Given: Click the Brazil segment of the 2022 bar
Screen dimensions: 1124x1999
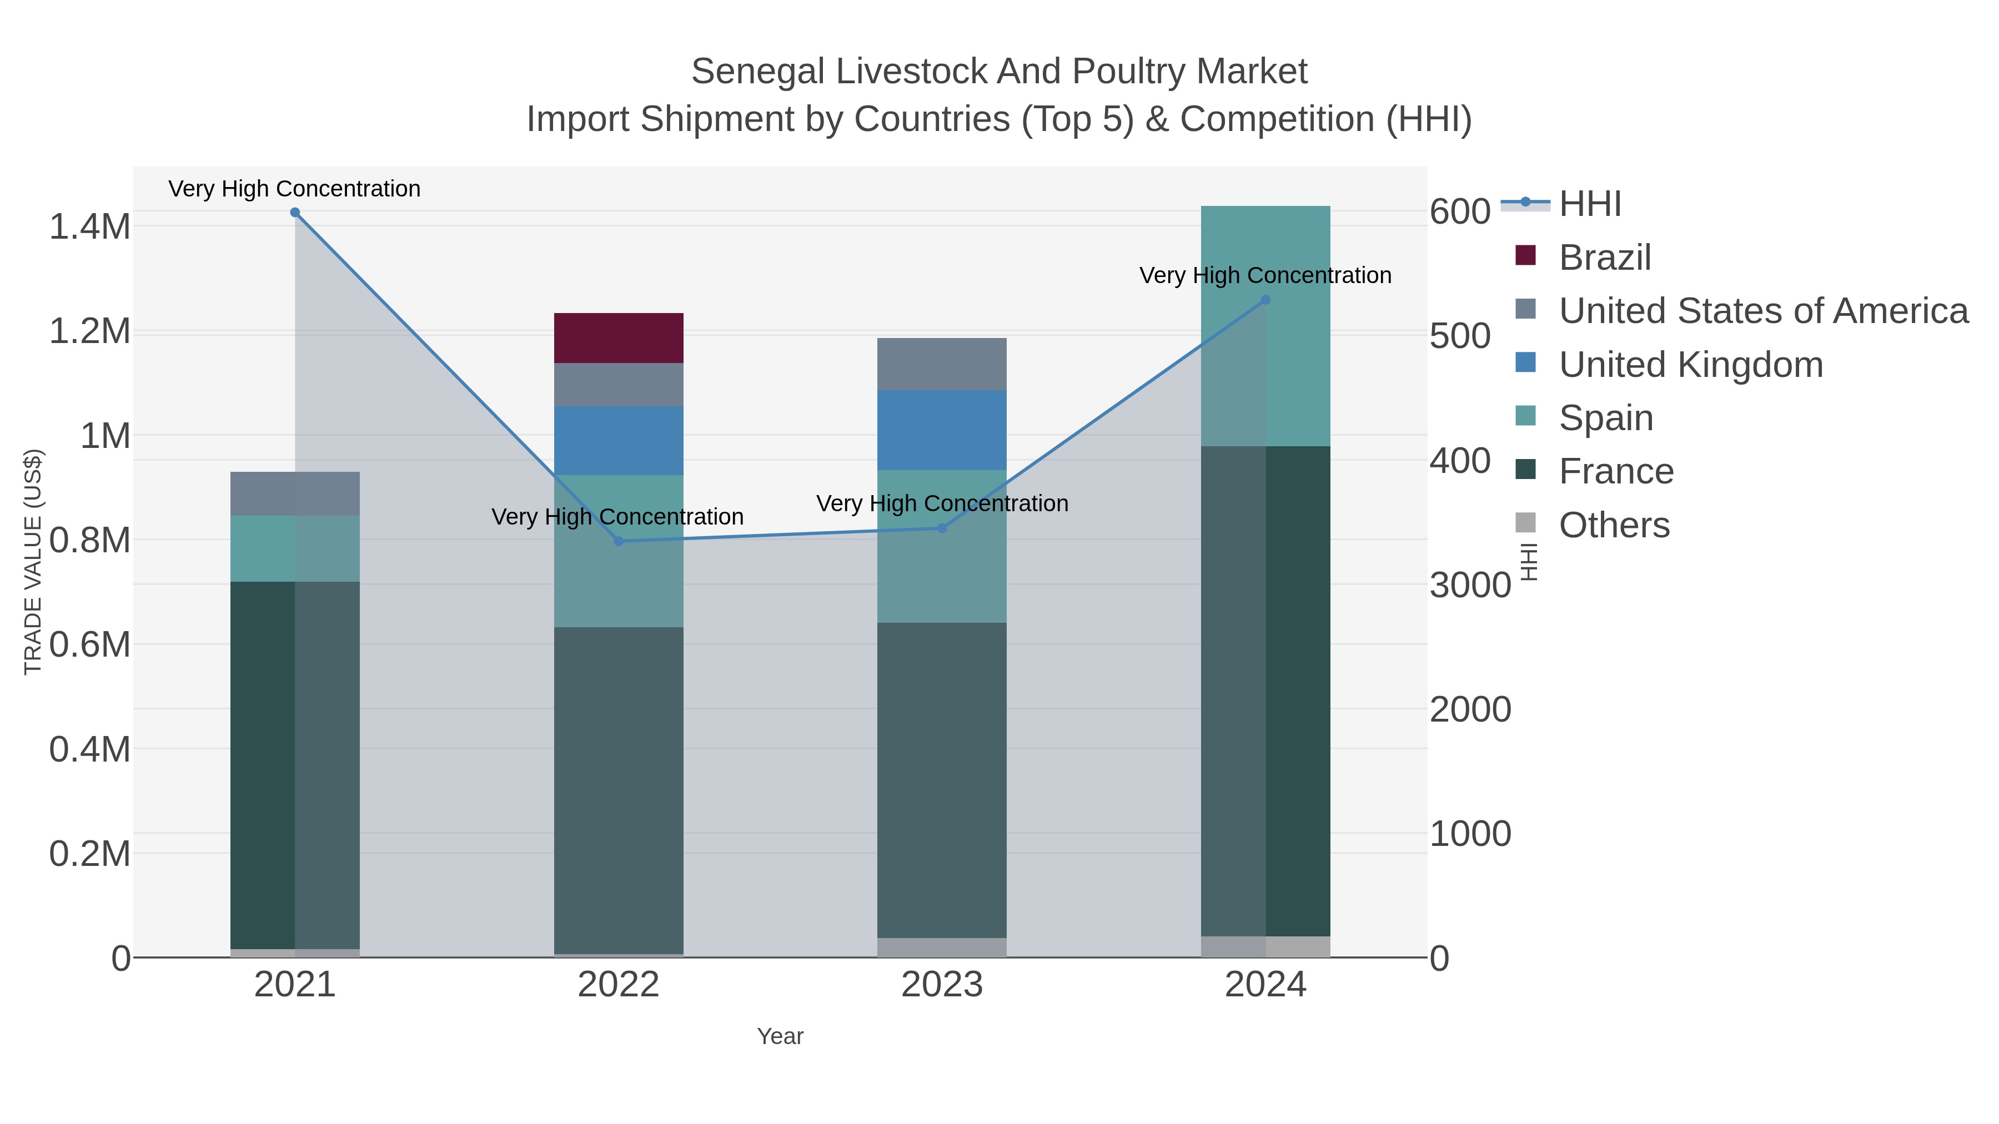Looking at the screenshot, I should click(619, 338).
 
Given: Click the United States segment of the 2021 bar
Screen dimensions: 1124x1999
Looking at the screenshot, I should click(295, 493).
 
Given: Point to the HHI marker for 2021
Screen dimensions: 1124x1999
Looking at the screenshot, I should click(295, 213).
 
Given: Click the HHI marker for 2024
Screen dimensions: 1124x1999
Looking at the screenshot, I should click(1265, 299).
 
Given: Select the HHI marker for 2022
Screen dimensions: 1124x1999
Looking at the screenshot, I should click(619, 541).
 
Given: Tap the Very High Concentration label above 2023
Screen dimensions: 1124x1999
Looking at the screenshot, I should click(941, 503).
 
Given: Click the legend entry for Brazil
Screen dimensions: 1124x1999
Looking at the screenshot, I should click(1604, 257).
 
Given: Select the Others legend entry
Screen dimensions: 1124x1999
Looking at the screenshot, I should click(1613, 525).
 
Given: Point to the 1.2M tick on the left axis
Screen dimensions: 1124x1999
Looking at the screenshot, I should click(89, 331).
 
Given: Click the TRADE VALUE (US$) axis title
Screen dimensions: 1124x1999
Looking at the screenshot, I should click(33, 562).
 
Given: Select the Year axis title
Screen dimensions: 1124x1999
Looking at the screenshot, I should click(780, 1036).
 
